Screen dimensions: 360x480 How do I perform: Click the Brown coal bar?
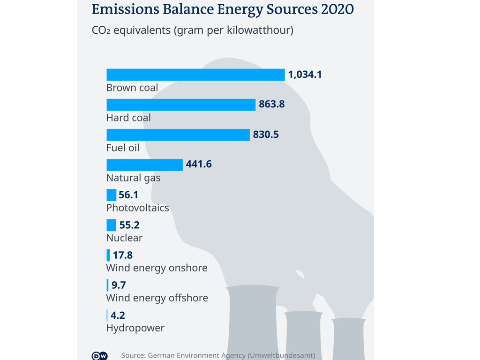coord(195,75)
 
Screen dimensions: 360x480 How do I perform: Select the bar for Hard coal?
coord(181,105)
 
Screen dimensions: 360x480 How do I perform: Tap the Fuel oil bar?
coord(178,135)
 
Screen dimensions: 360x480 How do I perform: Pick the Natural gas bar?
coord(144,165)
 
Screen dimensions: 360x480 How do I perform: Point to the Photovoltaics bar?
coord(111,195)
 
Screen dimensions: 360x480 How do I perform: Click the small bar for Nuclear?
coord(111,225)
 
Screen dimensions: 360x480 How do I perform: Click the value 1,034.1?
coord(305,75)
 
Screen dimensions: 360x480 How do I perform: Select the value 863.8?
coord(272,105)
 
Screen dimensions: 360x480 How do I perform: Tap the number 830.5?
coord(266,135)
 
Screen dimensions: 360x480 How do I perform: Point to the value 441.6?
coord(199,165)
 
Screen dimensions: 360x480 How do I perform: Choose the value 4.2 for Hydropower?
coord(118,315)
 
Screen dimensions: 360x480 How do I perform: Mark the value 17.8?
coord(123,255)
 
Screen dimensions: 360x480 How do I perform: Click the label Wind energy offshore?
coord(157,298)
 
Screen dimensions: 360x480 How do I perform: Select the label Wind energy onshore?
coord(157,268)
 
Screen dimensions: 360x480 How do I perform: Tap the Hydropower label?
coord(135,328)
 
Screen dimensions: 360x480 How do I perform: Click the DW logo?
coord(99,356)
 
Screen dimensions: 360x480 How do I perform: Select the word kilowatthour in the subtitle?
coord(261,30)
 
